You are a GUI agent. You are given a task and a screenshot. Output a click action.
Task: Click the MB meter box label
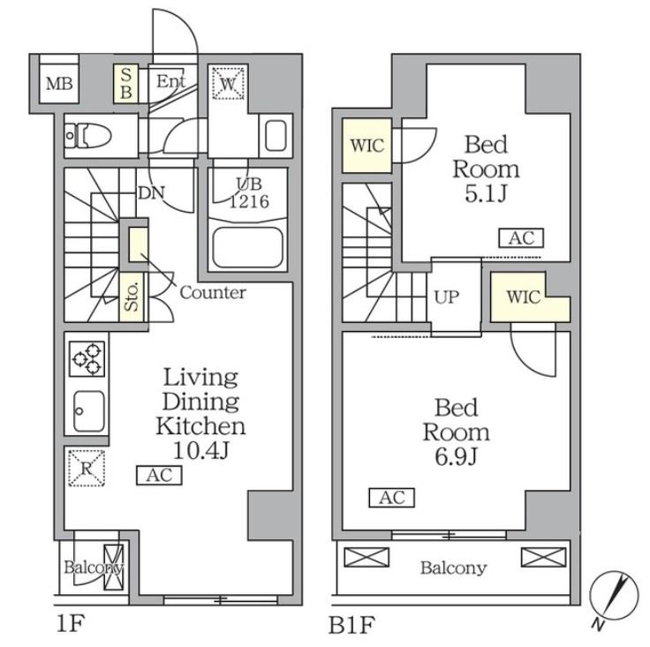(x=59, y=84)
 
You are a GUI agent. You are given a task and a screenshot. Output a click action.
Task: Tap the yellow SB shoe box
(x=126, y=83)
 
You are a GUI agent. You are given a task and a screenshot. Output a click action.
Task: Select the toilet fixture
(x=88, y=135)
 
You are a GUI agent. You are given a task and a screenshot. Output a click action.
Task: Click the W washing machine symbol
(x=228, y=83)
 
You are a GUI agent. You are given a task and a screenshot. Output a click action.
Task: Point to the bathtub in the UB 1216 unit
(x=247, y=248)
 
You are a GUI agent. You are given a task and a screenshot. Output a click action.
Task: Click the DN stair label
(x=151, y=192)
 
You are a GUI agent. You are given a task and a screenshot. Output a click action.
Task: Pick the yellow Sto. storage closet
(x=132, y=297)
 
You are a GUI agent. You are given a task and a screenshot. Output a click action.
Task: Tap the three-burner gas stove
(x=87, y=358)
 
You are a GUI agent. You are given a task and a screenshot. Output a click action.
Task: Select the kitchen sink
(x=88, y=411)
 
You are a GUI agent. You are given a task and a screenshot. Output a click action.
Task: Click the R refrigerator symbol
(x=87, y=468)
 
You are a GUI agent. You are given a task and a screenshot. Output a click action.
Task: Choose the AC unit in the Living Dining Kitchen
(x=159, y=475)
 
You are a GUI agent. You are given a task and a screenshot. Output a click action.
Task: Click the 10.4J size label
(x=200, y=451)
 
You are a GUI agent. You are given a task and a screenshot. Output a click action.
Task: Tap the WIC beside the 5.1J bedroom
(x=367, y=146)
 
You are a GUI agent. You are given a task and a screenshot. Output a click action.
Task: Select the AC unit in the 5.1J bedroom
(x=521, y=238)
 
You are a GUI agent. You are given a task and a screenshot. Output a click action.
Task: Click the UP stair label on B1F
(x=447, y=297)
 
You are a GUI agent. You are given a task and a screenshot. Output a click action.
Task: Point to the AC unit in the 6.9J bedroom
(x=392, y=498)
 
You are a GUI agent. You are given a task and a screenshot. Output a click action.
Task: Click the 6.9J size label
(x=457, y=456)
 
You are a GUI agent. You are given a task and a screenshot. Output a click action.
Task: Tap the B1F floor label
(x=352, y=625)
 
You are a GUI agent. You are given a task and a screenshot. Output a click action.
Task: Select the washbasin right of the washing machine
(x=276, y=135)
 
